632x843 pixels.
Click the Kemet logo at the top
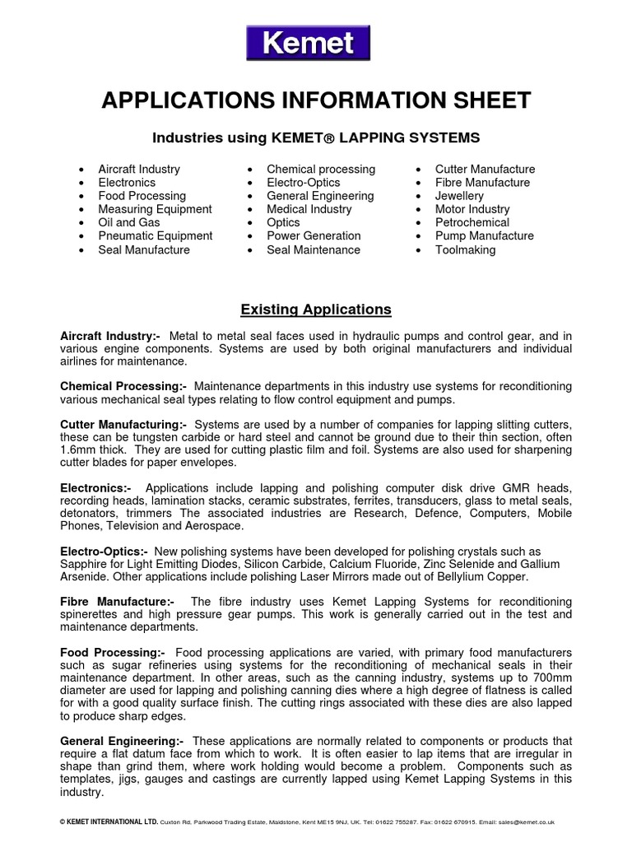pos(308,42)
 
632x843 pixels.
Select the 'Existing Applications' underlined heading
pos(315,310)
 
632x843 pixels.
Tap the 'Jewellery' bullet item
pos(459,196)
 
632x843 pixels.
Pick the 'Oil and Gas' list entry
pos(128,222)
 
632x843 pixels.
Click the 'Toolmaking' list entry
pos(465,249)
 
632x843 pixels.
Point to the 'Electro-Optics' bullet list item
pos(303,182)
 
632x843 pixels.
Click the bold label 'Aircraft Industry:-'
pos(111,335)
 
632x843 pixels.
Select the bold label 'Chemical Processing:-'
pos(123,386)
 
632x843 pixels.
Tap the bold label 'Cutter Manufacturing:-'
pos(124,424)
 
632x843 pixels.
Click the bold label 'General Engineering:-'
pos(122,742)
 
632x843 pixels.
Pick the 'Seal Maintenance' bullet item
pos(313,249)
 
